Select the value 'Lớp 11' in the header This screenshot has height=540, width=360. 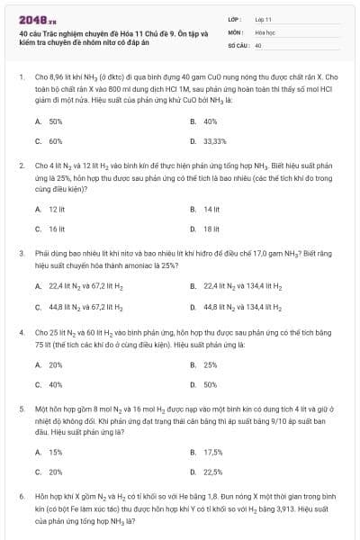[264, 19]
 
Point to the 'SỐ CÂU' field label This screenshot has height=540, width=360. [238, 43]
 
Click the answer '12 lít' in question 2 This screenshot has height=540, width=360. [57, 209]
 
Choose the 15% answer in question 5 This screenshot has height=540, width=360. [55, 452]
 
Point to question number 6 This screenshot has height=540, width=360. [21, 496]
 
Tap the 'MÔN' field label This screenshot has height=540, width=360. [235, 31]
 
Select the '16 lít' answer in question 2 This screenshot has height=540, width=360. [57, 229]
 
